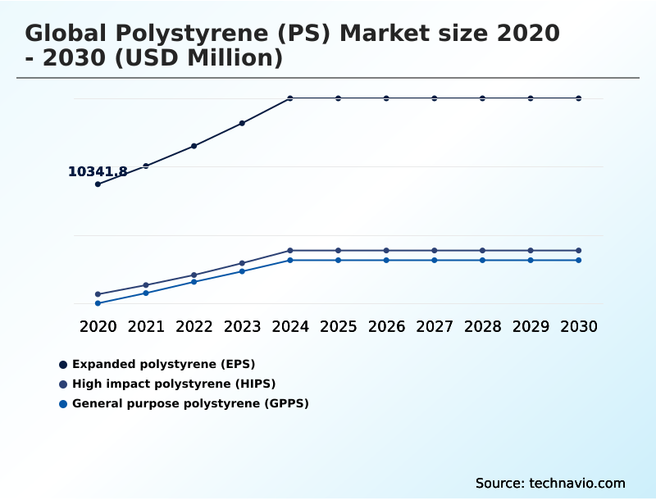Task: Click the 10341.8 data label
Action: [98, 172]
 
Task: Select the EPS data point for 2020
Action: [98, 184]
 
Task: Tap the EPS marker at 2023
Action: [242, 123]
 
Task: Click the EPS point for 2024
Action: [290, 98]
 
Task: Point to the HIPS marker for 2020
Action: [98, 294]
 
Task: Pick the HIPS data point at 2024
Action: [290, 250]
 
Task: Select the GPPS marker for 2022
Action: [194, 282]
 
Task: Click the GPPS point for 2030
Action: [579, 260]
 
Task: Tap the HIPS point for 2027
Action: [435, 250]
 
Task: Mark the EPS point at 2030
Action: [579, 98]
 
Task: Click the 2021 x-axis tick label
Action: [146, 326]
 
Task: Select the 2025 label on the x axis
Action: [338, 326]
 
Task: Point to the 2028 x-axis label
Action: [482, 326]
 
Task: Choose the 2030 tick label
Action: [579, 326]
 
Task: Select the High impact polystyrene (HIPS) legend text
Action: [174, 384]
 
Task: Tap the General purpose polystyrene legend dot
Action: [63, 403]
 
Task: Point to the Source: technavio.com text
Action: [550, 483]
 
